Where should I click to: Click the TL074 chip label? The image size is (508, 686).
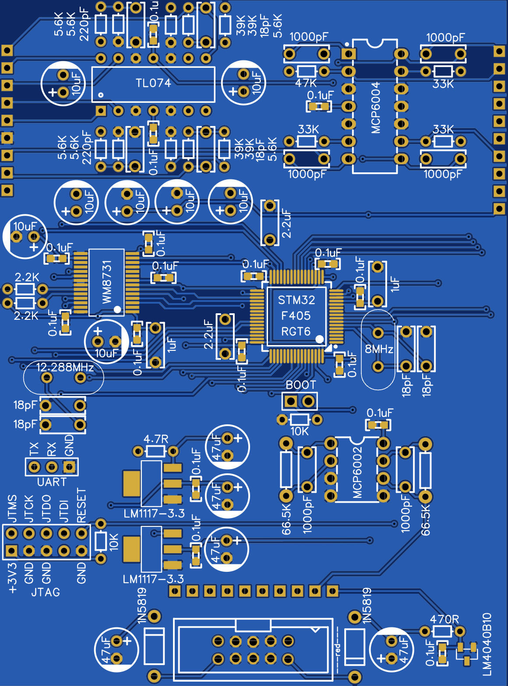click(153, 83)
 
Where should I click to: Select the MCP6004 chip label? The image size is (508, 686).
click(376, 108)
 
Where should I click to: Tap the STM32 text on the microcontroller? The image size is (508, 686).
click(296, 300)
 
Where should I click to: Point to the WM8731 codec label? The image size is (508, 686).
click(107, 282)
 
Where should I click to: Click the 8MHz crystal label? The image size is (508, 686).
click(379, 349)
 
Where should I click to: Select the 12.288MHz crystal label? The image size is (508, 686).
click(65, 367)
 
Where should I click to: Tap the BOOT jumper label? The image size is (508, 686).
click(300, 385)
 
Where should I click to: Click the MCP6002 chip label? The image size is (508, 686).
click(357, 472)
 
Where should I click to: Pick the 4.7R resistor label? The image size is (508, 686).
click(156, 439)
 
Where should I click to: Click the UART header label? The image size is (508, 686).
click(52, 482)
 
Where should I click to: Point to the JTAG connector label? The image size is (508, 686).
click(46, 592)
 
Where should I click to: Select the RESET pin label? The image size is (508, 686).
click(81, 506)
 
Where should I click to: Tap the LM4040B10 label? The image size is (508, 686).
click(487, 644)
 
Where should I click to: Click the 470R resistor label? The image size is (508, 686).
click(444, 619)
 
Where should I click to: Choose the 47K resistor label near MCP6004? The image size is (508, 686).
click(306, 83)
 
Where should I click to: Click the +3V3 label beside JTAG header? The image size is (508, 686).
click(12, 577)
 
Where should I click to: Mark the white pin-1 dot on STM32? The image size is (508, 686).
click(320, 339)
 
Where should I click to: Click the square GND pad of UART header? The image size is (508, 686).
click(69, 467)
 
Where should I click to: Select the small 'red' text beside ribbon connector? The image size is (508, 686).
click(338, 649)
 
